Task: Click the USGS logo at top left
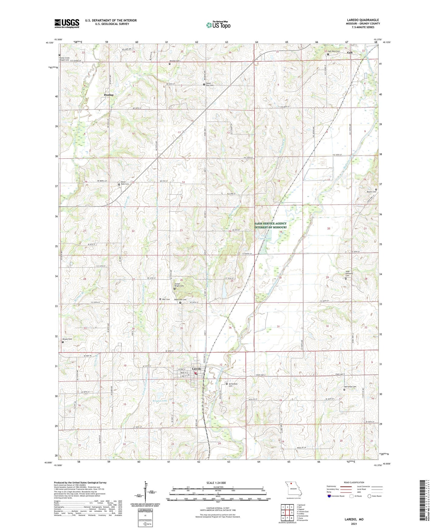pyautogui.click(x=67, y=23)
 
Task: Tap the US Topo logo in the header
pyautogui.click(x=218, y=25)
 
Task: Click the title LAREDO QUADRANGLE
pyautogui.click(x=363, y=20)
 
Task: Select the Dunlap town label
pyautogui.click(x=108, y=95)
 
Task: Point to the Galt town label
pyautogui.click(x=350, y=53)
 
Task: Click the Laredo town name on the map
pyautogui.click(x=196, y=369)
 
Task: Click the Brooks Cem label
pyautogui.click(x=67, y=339)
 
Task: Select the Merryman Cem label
pyautogui.click(x=350, y=386)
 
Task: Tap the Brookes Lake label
pyautogui.click(x=160, y=401)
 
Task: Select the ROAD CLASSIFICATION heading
pyautogui.click(x=354, y=482)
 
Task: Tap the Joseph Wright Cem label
pyautogui.click(x=179, y=285)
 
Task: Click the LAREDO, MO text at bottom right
pyautogui.click(x=354, y=519)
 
